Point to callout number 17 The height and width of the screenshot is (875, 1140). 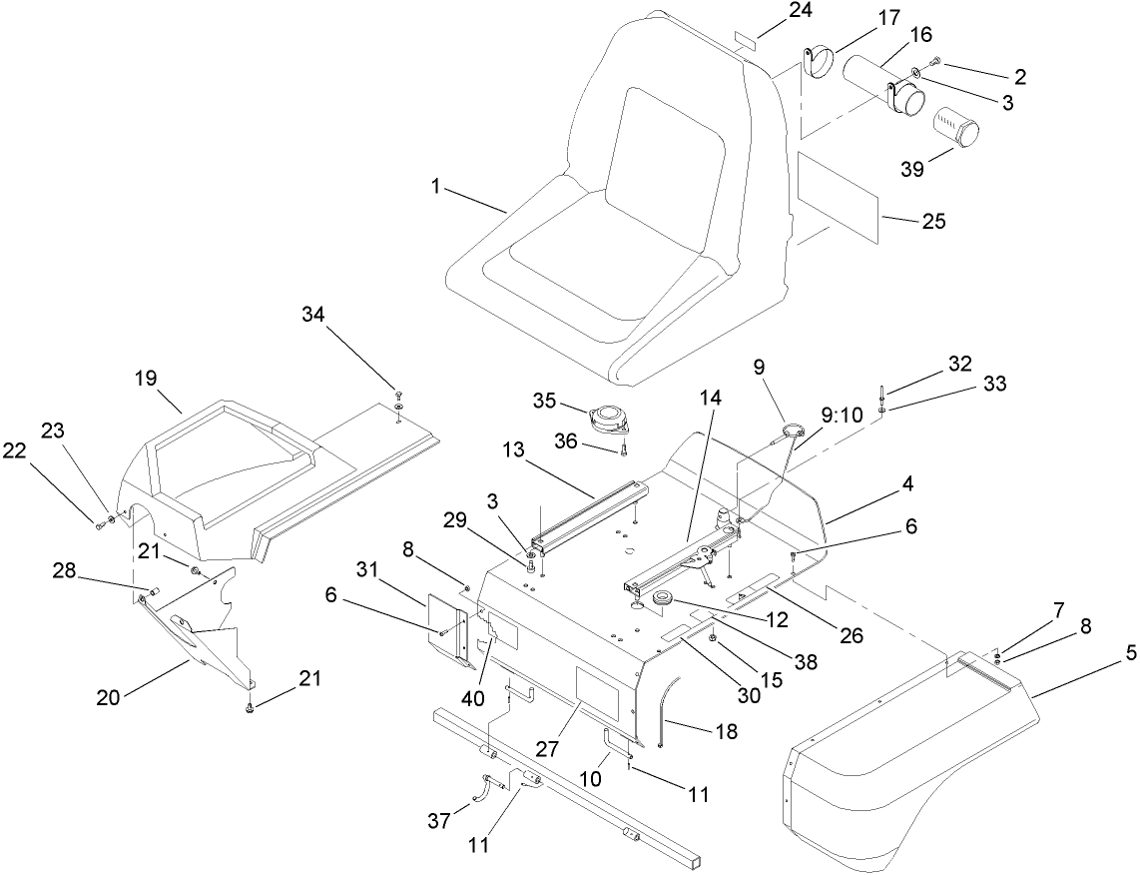[862, 17]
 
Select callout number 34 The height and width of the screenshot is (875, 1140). [313, 315]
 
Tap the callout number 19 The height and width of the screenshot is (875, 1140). [147, 379]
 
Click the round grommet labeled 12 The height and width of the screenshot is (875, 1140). [663, 599]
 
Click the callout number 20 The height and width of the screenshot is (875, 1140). [108, 697]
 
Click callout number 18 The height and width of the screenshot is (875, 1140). [726, 732]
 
